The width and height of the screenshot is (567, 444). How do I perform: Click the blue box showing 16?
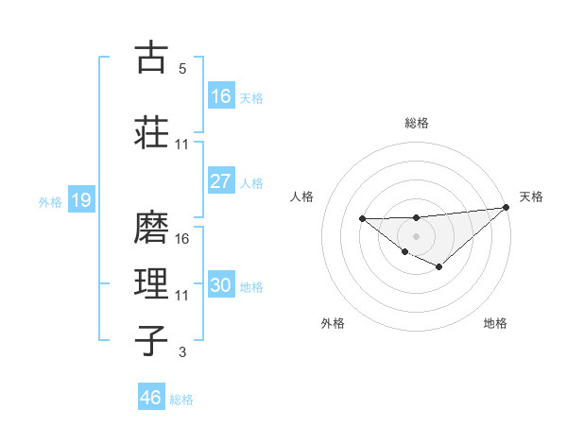[221, 95]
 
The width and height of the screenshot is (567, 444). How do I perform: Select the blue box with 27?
[221, 181]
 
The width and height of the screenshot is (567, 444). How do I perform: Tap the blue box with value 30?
[221, 285]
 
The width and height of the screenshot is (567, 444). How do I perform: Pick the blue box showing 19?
[80, 200]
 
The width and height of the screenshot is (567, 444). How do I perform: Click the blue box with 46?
[151, 397]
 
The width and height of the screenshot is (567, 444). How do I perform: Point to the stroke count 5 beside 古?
[181, 69]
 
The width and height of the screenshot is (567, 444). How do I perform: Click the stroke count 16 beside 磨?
[182, 239]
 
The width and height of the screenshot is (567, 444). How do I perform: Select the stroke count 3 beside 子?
[181, 352]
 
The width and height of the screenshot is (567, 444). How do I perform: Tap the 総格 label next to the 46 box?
[181, 400]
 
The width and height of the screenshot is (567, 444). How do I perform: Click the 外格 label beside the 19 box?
[50, 201]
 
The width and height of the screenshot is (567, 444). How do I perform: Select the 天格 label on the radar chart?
[531, 196]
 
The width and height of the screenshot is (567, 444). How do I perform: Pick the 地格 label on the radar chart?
[495, 323]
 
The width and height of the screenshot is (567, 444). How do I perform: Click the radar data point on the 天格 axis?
[506, 208]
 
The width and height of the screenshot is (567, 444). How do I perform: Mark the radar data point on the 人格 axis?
[363, 218]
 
